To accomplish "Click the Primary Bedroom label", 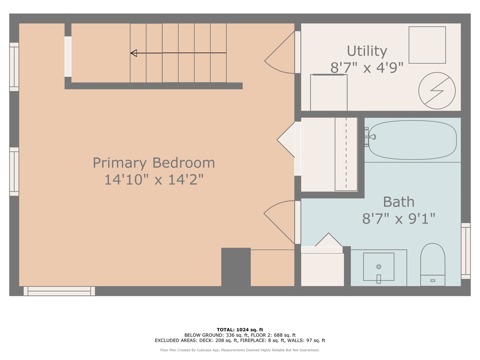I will point(154,163).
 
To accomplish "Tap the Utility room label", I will point(367,51).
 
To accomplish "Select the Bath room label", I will point(399,202).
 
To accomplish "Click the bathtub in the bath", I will point(413,140).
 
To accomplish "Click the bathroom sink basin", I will point(379,267).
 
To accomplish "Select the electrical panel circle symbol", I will point(437,91).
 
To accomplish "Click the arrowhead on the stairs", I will point(134,53).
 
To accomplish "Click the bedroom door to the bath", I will point(279,222).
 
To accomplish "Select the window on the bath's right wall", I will point(466,251).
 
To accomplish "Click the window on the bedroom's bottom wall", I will point(59,291).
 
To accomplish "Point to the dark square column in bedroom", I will point(236,267).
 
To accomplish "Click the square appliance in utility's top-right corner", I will point(427,45).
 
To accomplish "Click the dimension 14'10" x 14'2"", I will point(154,180).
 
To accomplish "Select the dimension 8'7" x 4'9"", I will point(367,68).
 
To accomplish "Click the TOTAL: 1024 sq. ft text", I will point(240,330).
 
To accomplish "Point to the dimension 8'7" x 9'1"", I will point(399,219).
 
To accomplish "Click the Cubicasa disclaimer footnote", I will point(240,350).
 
